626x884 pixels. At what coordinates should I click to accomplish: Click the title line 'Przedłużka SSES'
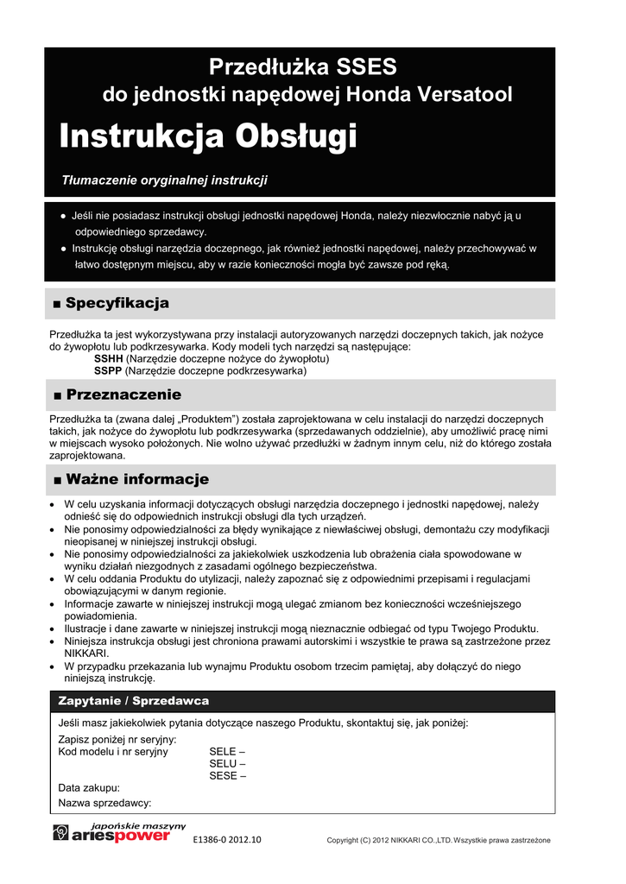[x=302, y=67]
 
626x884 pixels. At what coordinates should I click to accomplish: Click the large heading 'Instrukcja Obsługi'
[x=207, y=136]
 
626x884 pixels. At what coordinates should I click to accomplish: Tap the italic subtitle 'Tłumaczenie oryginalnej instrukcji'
[x=165, y=180]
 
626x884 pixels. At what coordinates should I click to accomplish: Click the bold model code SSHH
[x=108, y=357]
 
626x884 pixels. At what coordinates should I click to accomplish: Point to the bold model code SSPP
[x=108, y=370]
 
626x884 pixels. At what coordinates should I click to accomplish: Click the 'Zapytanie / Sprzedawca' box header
[x=134, y=700]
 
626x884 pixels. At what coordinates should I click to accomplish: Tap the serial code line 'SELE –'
[x=227, y=751]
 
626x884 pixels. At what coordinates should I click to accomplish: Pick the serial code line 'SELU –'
[x=227, y=763]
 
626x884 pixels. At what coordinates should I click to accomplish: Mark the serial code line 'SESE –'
[x=227, y=775]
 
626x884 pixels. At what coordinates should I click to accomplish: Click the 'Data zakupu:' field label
[x=89, y=788]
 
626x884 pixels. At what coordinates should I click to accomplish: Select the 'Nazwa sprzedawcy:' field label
[x=104, y=802]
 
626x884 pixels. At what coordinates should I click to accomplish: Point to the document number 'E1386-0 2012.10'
[x=227, y=839]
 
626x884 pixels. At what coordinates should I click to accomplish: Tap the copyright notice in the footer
[x=438, y=840]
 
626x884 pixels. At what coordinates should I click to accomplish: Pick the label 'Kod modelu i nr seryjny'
[x=113, y=751]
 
